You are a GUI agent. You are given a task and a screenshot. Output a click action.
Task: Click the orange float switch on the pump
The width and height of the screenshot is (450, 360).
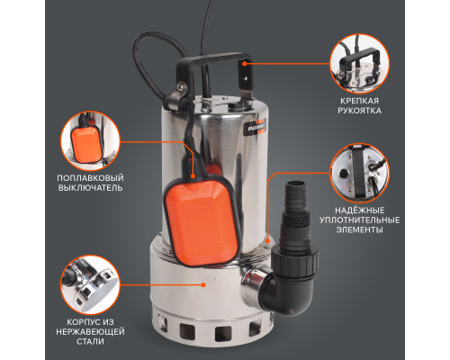[202, 222]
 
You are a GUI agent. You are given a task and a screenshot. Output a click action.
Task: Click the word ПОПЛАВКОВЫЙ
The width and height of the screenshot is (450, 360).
[90, 178]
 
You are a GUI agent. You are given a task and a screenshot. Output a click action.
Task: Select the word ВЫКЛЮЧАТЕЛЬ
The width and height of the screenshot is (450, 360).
[90, 188]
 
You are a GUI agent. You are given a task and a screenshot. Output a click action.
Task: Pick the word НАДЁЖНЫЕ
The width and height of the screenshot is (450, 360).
[359, 211]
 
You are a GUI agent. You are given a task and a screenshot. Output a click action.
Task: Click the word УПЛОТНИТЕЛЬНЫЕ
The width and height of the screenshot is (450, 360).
[359, 220]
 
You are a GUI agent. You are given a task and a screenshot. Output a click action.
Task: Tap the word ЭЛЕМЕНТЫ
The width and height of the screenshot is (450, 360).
[359, 230]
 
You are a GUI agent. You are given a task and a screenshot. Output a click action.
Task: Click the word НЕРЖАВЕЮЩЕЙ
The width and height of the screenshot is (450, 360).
[90, 332]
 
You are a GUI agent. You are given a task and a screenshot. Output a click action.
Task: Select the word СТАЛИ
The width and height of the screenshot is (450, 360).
[90, 342]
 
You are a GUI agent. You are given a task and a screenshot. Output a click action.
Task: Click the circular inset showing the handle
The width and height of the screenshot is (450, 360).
[359, 64]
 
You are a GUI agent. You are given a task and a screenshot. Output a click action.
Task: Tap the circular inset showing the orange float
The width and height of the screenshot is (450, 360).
[90, 141]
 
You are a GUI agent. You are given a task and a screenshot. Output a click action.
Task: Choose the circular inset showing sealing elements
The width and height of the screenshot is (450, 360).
[359, 173]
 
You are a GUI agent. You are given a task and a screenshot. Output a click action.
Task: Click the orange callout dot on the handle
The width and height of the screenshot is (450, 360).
[245, 64]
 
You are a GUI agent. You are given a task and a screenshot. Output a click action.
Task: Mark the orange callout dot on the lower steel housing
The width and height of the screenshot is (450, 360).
[203, 284]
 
